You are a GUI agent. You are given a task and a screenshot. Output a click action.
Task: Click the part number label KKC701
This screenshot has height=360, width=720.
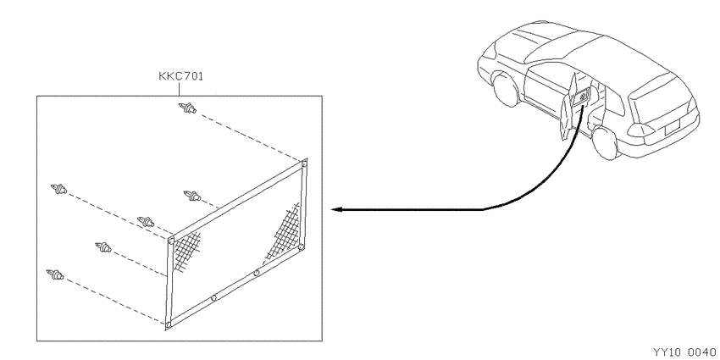click(x=181, y=76)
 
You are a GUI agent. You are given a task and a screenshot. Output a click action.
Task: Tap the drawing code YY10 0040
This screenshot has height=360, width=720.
click(x=684, y=352)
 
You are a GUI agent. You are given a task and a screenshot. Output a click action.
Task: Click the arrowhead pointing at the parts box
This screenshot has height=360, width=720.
click(x=336, y=209)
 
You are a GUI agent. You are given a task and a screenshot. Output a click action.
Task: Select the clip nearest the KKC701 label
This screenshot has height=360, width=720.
click(x=187, y=108)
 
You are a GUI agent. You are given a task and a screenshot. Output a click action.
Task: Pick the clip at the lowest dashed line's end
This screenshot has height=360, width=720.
click(x=55, y=275)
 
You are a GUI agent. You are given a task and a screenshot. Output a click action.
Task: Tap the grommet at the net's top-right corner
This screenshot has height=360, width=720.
click(x=303, y=163)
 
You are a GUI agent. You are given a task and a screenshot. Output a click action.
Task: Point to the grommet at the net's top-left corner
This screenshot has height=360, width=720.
click(x=171, y=241)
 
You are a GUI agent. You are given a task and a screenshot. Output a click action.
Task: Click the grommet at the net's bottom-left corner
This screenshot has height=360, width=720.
click(x=168, y=325)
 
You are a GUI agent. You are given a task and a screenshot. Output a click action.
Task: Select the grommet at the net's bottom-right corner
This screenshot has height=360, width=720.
click(x=302, y=247)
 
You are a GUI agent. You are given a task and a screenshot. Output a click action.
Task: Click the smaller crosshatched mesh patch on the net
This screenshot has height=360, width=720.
click(x=186, y=251)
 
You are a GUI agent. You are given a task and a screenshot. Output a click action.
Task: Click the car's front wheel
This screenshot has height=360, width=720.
click(x=506, y=89)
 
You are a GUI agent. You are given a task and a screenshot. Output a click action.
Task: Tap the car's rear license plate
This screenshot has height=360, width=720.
click(x=671, y=126)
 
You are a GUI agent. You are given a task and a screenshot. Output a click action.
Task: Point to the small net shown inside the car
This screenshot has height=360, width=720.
click(x=583, y=97)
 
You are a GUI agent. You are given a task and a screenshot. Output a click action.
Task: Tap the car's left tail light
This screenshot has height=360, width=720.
click(x=641, y=130)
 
